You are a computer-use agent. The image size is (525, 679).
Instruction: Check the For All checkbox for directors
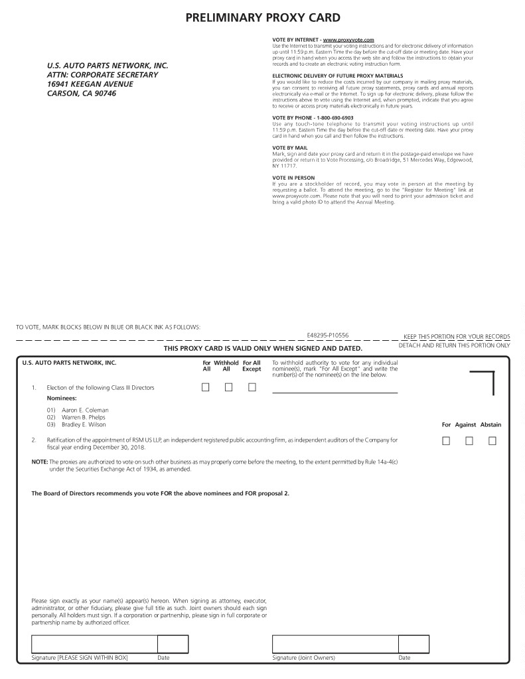[206, 387]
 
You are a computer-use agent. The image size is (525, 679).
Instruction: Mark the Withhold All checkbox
[228, 387]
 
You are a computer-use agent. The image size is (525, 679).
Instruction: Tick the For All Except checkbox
[252, 387]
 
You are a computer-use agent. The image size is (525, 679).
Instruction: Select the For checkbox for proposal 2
[446, 440]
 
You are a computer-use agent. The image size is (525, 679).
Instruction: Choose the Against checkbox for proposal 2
[469, 440]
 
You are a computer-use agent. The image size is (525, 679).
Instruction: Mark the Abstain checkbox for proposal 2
[492, 440]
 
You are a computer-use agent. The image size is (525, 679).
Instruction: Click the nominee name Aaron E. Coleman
[85, 410]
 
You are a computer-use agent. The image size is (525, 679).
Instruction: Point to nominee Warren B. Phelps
[84, 417]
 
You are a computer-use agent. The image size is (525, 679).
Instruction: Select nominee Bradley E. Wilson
[84, 424]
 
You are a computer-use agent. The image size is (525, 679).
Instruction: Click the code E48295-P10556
[328, 336]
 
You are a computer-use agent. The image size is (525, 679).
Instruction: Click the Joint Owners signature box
[335, 644]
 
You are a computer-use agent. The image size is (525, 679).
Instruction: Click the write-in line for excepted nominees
[335, 392]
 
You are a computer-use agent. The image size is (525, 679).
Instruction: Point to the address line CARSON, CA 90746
[82, 93]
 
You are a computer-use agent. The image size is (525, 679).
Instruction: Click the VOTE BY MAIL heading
[290, 147]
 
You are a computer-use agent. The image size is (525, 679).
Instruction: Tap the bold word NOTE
[40, 462]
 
